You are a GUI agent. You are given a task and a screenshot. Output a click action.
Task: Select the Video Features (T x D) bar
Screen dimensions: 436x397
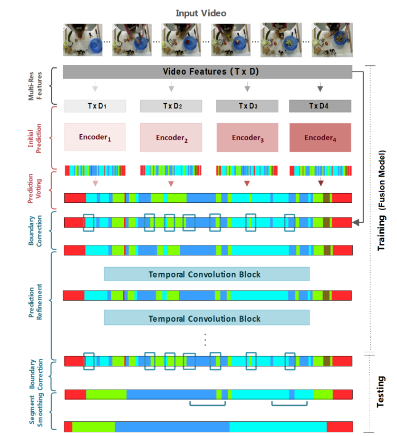[x=207, y=72]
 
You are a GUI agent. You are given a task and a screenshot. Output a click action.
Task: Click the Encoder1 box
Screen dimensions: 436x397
[x=95, y=137]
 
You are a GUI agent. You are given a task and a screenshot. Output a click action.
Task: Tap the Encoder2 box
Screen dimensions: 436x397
[x=171, y=137]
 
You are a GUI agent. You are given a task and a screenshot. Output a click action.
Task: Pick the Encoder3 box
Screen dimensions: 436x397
[x=247, y=137]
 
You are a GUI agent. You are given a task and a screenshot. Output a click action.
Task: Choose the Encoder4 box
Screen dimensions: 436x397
[x=320, y=137]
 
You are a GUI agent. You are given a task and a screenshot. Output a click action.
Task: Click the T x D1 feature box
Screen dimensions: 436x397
[x=95, y=106]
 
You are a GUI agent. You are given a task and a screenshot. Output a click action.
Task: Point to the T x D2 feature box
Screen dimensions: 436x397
[x=171, y=106]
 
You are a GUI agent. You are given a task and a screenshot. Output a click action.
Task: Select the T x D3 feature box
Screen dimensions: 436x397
[x=247, y=106]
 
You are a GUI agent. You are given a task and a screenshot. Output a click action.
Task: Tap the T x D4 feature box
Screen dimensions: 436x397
[x=320, y=106]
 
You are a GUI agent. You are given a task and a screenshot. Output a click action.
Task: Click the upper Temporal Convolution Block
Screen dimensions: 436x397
[x=206, y=274]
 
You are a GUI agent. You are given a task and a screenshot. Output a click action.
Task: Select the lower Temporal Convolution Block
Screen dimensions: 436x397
[x=206, y=318]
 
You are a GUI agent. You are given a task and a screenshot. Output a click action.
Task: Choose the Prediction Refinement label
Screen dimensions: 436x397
[x=33, y=303]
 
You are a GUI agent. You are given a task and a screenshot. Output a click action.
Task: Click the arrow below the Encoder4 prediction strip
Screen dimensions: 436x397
[x=321, y=183]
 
